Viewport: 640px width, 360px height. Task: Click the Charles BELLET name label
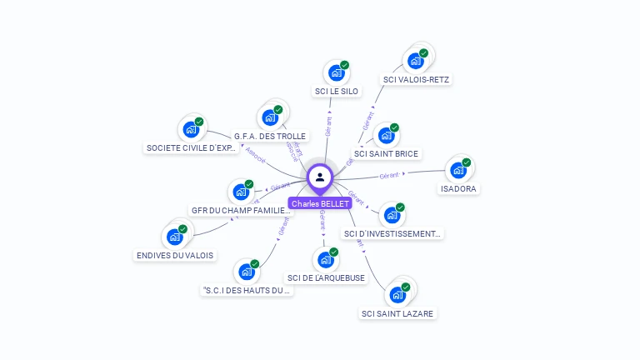(x=319, y=203)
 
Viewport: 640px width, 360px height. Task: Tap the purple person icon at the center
(x=320, y=177)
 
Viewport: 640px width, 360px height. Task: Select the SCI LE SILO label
(x=337, y=91)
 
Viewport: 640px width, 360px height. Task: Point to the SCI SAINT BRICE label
(x=386, y=153)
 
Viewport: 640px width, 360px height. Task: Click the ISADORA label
(x=459, y=189)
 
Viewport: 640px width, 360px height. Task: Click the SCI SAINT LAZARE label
(x=397, y=313)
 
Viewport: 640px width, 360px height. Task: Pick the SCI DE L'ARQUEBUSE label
(x=326, y=277)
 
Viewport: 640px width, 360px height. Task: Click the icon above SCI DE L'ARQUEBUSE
(x=326, y=258)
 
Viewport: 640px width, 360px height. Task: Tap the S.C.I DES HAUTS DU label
(x=247, y=291)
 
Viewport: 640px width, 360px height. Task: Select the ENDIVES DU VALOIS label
(x=175, y=255)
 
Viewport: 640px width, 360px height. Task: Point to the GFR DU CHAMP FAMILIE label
(x=241, y=211)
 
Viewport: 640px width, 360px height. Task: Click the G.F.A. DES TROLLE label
(x=270, y=136)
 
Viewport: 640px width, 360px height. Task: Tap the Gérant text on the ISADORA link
(x=390, y=176)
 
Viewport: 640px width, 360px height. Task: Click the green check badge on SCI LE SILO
(x=344, y=65)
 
